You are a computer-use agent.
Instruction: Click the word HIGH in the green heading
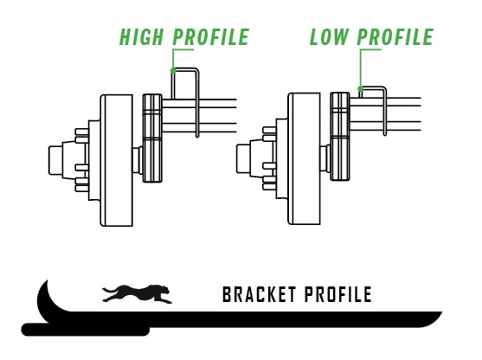[141, 37]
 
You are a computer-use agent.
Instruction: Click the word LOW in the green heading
[329, 37]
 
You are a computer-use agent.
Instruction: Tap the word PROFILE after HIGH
[211, 37]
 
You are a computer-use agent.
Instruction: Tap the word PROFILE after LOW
[395, 37]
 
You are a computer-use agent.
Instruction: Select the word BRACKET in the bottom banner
[259, 294]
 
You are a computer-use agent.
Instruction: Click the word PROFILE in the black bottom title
[338, 294]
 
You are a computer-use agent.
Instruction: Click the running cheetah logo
[137, 293]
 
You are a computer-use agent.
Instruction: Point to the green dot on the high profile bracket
[173, 71]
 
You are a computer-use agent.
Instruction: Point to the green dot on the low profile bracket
[360, 89]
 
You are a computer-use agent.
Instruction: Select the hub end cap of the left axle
[55, 160]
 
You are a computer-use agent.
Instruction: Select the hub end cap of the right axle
[243, 158]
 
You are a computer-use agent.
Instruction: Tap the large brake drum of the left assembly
[117, 160]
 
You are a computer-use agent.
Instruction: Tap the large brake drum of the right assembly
[304, 158]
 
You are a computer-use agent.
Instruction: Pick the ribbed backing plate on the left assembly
[152, 138]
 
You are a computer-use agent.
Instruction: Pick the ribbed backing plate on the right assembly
[340, 137]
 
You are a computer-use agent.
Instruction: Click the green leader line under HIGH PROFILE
[173, 58]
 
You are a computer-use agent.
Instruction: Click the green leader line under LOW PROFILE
[360, 67]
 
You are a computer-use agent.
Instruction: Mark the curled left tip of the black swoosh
[48, 280]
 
